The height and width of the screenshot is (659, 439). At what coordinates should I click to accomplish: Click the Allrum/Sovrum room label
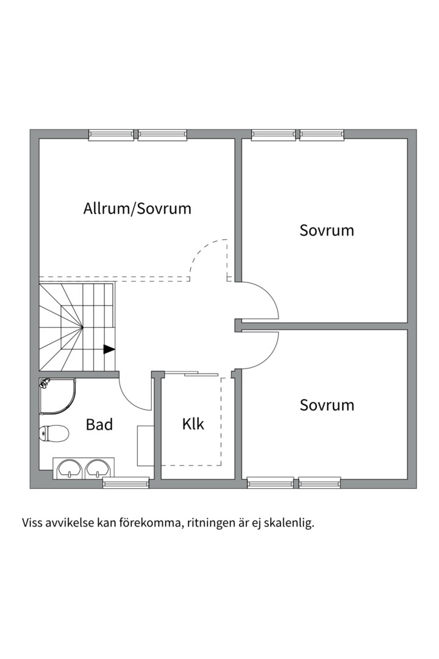pos(137,209)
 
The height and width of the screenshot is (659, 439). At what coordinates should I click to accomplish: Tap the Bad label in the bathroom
pos(99,424)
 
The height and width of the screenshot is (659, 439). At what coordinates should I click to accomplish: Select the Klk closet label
pos(193,423)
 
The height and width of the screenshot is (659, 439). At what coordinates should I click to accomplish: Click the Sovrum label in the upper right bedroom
pos(327,231)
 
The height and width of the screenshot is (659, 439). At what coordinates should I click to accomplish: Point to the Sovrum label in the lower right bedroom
pos(327,405)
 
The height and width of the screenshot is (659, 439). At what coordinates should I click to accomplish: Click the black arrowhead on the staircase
pos(109,350)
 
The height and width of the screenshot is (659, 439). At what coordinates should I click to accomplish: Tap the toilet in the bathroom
pos(54,433)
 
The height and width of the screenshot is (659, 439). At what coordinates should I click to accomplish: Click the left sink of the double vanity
pos(69,469)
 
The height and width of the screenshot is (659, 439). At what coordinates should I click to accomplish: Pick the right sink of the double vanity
pos(98,469)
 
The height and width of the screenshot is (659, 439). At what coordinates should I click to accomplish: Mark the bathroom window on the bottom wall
pos(126,483)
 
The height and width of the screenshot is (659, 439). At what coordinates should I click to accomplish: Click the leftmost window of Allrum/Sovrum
pos(111,135)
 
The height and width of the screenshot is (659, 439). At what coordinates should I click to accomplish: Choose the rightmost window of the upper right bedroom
pos(321,135)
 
